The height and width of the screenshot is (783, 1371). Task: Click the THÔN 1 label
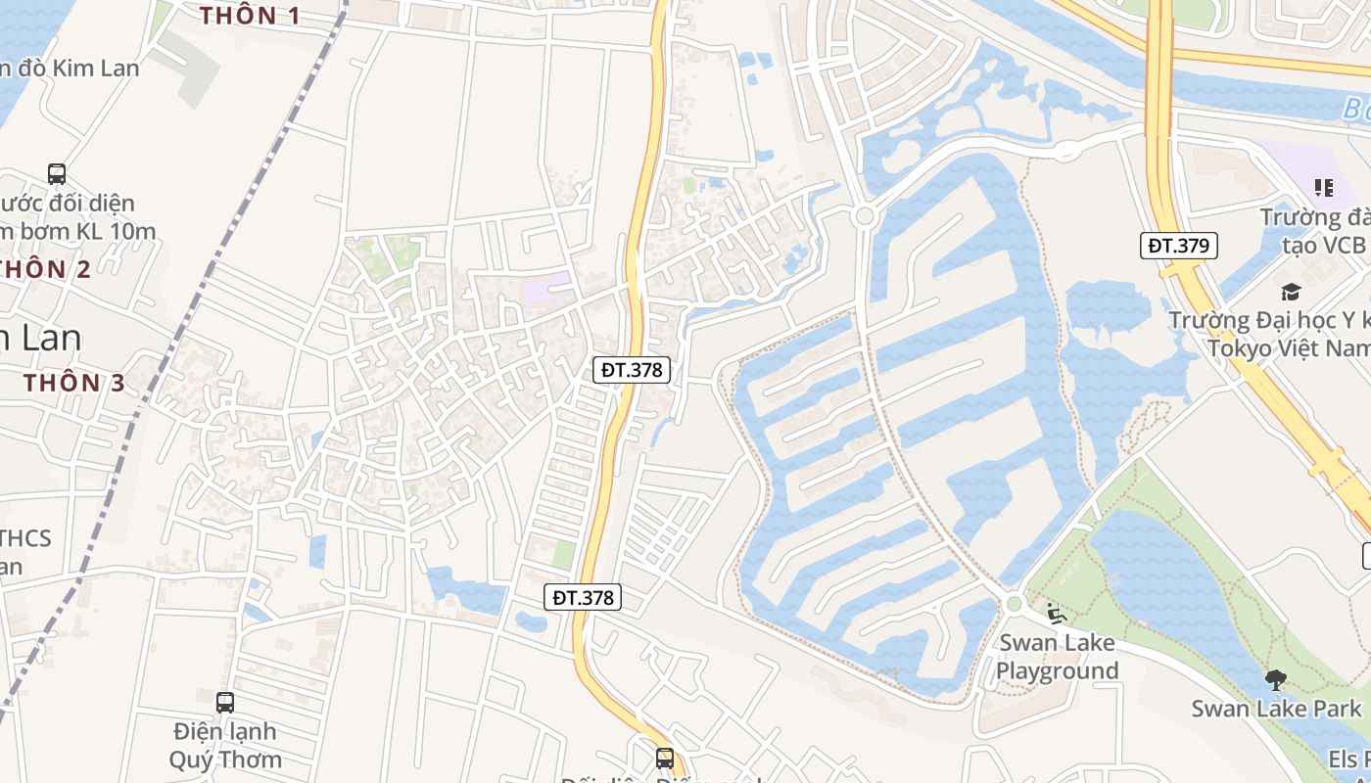click(250, 16)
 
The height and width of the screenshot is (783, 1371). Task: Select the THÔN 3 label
click(75, 383)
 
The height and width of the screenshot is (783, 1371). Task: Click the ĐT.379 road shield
click(1179, 246)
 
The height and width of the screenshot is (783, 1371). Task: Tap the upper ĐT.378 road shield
click(632, 370)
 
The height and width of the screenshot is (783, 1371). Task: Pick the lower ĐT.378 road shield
click(583, 597)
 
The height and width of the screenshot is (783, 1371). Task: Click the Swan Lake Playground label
click(1057, 657)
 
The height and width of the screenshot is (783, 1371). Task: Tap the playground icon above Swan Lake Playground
click(1056, 614)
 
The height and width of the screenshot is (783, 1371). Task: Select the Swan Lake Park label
click(1275, 709)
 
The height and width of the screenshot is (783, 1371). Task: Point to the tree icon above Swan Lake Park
click(1275, 679)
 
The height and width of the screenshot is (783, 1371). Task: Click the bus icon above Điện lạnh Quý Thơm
click(225, 702)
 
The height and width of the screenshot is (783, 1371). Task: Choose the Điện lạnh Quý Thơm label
click(225, 745)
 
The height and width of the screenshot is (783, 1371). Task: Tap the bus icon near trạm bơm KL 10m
click(57, 174)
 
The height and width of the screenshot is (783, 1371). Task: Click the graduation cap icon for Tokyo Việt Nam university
click(1291, 292)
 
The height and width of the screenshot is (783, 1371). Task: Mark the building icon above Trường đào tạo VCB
click(1324, 187)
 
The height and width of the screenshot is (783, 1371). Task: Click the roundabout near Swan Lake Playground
click(1014, 604)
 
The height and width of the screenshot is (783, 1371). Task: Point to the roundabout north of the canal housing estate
click(864, 216)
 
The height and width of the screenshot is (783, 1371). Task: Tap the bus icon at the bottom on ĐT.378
click(665, 758)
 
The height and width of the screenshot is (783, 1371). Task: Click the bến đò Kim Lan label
click(69, 69)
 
